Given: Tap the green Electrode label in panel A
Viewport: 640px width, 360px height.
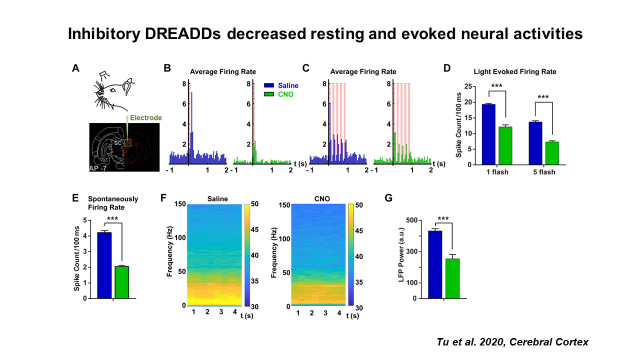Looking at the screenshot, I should pos(146,118).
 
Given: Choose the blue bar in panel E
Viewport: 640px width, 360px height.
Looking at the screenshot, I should pos(104,265).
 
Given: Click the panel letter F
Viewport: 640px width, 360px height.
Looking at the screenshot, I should pos(163,198).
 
